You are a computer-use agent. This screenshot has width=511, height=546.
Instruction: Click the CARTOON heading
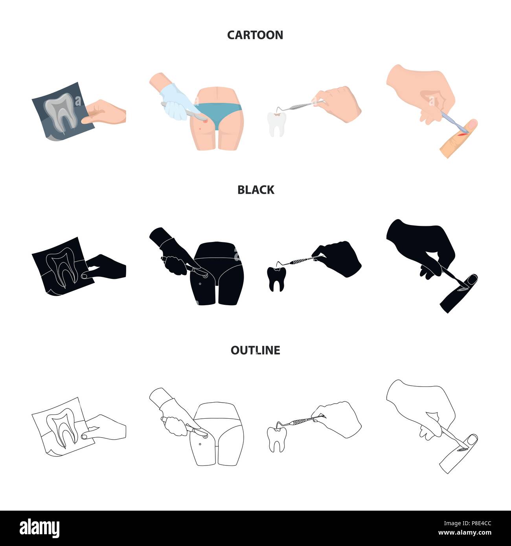coord(255,35)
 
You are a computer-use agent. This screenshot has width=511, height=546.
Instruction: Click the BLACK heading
coord(256,190)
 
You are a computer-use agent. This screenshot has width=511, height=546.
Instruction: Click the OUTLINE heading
coord(255,350)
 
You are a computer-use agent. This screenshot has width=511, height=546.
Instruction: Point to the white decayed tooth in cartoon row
coord(276,123)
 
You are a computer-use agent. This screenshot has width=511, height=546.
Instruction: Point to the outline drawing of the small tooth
coord(276,438)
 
